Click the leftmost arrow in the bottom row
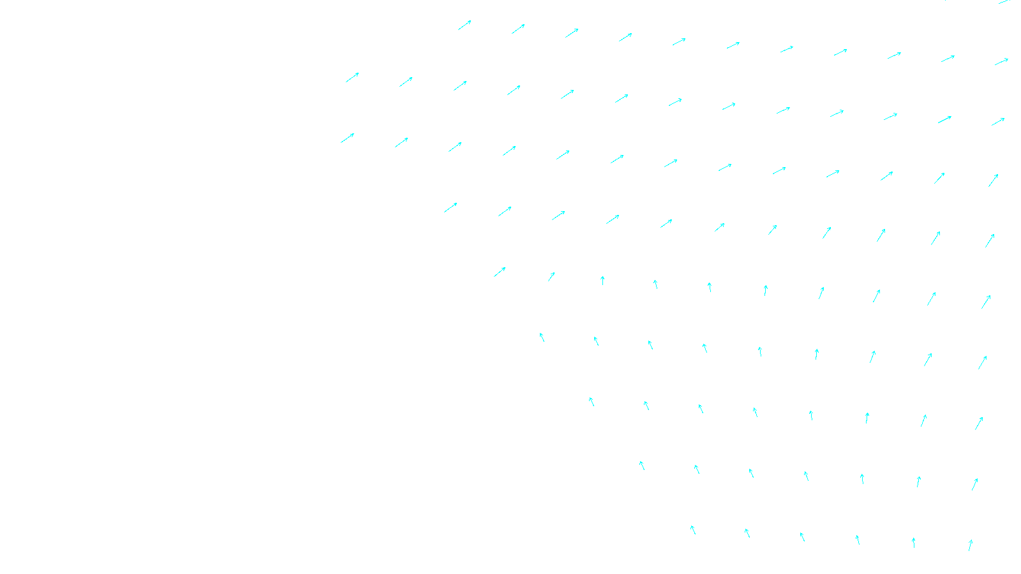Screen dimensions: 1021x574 (693, 530)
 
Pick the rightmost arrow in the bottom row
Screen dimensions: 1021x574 (970, 545)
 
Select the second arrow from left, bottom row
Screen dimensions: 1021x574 (747, 533)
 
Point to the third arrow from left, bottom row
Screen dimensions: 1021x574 (802, 537)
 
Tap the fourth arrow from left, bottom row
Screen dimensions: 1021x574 (858, 540)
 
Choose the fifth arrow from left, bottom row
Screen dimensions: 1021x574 (914, 543)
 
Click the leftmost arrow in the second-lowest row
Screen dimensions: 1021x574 (642, 466)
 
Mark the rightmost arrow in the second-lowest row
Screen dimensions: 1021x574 (974, 485)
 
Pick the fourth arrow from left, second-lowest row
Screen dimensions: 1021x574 (807, 476)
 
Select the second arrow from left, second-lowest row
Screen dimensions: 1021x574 (697, 469)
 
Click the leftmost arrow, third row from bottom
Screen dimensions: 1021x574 (592, 401)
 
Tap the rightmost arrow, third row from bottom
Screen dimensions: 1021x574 (979, 423)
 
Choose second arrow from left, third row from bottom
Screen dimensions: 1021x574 (646, 406)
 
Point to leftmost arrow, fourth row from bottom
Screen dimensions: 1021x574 (542, 337)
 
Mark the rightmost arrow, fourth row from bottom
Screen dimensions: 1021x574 (983, 363)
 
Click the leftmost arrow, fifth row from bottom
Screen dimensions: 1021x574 (500, 272)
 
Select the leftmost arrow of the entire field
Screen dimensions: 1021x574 (347, 138)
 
